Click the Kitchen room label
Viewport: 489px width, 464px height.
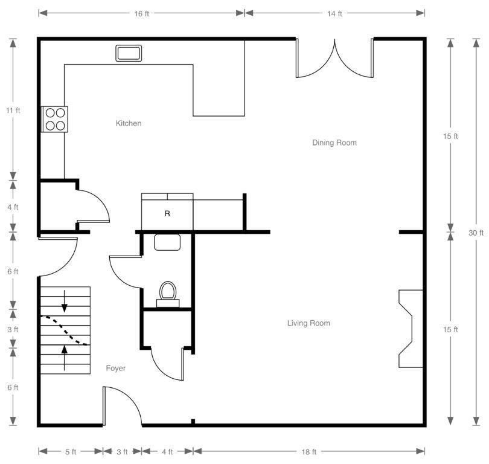pyautogui.click(x=129, y=123)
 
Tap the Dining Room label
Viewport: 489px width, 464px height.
pyautogui.click(x=334, y=143)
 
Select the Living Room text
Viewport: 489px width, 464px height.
pyautogui.click(x=308, y=323)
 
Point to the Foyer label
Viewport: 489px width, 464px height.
pyautogui.click(x=116, y=368)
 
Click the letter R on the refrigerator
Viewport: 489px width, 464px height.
pyautogui.click(x=167, y=213)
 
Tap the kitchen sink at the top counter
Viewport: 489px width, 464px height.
pyautogui.click(x=129, y=53)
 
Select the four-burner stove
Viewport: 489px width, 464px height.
pyautogui.click(x=55, y=119)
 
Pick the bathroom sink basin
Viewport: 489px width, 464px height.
pyautogui.click(x=167, y=242)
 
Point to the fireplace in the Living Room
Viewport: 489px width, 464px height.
pyautogui.click(x=411, y=329)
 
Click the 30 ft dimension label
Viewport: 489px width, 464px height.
pyautogui.click(x=476, y=233)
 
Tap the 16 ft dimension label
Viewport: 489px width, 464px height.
pyautogui.click(x=142, y=14)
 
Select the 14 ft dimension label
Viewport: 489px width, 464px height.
pyautogui.click(x=334, y=14)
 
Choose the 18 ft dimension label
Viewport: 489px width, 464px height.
pyautogui.click(x=308, y=452)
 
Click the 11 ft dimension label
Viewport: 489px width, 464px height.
pyautogui.click(x=13, y=110)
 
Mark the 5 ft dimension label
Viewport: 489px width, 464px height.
pyautogui.click(x=71, y=452)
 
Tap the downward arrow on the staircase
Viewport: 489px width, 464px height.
pyautogui.click(x=64, y=301)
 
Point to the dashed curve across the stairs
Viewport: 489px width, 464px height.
pyautogui.click(x=65, y=330)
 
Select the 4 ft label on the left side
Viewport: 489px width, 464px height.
pyautogui.click(x=13, y=207)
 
